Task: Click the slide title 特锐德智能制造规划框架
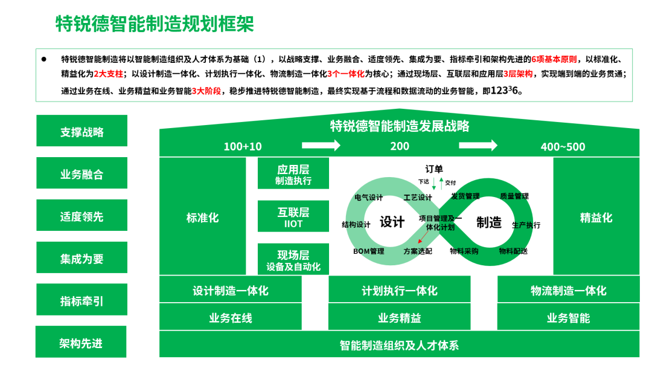click(155, 24)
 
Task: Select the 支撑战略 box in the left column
click(82, 131)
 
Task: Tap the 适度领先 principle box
click(82, 215)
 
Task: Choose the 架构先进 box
click(81, 341)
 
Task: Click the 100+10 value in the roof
click(243, 146)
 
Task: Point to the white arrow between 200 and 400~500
click(478, 145)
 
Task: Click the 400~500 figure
click(563, 146)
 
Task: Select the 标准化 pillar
click(202, 216)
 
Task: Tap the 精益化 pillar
click(596, 216)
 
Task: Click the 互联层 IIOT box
click(293, 216)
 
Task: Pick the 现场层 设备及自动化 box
click(293, 259)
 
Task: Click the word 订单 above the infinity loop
click(434, 169)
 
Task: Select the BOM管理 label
click(369, 251)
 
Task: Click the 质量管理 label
click(514, 196)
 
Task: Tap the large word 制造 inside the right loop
click(489, 222)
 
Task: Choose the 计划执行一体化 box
click(400, 289)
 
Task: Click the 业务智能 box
click(569, 317)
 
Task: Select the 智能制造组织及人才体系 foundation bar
click(399, 344)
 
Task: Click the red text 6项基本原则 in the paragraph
click(554, 59)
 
